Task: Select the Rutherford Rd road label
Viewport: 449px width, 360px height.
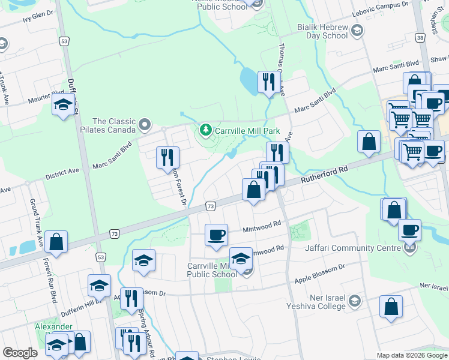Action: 325,171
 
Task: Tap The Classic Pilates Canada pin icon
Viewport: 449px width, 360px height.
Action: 144,125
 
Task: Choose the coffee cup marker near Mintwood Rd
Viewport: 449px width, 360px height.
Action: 216,235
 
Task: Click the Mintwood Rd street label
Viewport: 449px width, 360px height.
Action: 262,228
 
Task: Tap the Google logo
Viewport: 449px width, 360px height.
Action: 20,352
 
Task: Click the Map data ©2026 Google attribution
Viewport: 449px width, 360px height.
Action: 411,355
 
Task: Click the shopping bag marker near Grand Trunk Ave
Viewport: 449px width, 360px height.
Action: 56,242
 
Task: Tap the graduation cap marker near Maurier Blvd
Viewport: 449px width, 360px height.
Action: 63,105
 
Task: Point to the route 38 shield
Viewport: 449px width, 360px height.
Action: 420,38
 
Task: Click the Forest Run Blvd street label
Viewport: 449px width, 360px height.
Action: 53,280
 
